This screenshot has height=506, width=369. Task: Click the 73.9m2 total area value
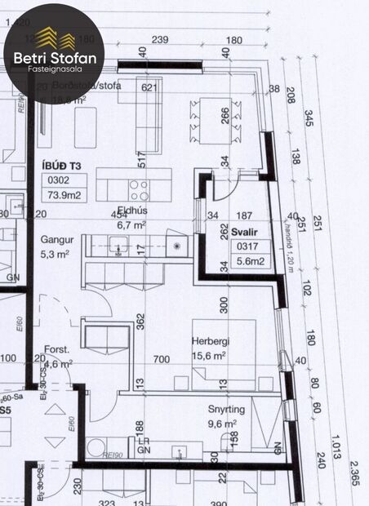click(64, 195)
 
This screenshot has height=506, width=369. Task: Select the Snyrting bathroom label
click(216, 411)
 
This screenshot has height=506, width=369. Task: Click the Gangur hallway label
click(56, 241)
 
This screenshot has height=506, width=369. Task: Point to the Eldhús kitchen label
click(131, 213)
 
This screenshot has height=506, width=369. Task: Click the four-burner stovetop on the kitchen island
click(138, 190)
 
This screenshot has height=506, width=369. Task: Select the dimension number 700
click(162, 359)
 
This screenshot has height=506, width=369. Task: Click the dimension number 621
click(149, 87)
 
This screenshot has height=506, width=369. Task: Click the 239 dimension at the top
click(160, 40)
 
